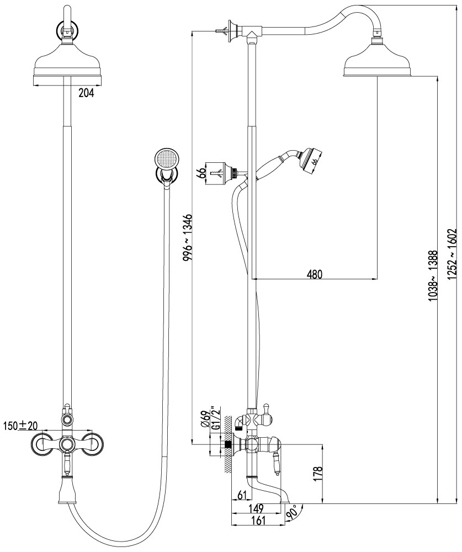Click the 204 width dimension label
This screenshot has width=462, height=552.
tap(86, 93)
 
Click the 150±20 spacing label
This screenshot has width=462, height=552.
tap(20, 426)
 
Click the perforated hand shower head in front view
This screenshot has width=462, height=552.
tap(166, 159)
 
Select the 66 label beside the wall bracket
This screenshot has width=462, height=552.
tap(201, 173)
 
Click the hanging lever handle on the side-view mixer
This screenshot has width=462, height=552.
tap(277, 464)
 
